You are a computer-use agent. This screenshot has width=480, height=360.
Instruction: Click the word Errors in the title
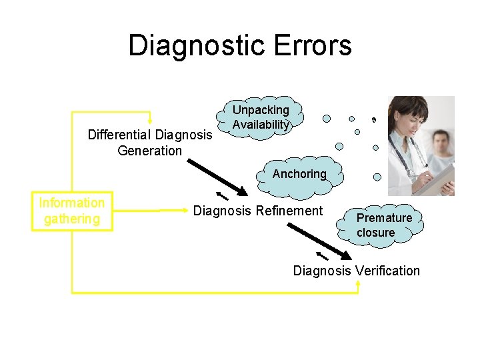[x=318, y=46]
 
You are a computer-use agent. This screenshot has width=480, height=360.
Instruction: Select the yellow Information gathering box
[x=72, y=211]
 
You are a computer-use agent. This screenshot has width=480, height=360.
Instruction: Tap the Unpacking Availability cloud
[x=261, y=117]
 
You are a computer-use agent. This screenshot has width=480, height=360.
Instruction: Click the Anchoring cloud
[x=300, y=174]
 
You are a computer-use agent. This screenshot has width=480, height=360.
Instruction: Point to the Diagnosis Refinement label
[x=257, y=211]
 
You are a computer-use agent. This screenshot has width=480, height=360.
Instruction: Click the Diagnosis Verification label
[x=357, y=271]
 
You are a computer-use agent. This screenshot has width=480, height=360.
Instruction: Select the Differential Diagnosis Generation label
[x=150, y=143]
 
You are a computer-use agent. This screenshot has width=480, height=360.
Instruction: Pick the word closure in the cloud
[x=376, y=233]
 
